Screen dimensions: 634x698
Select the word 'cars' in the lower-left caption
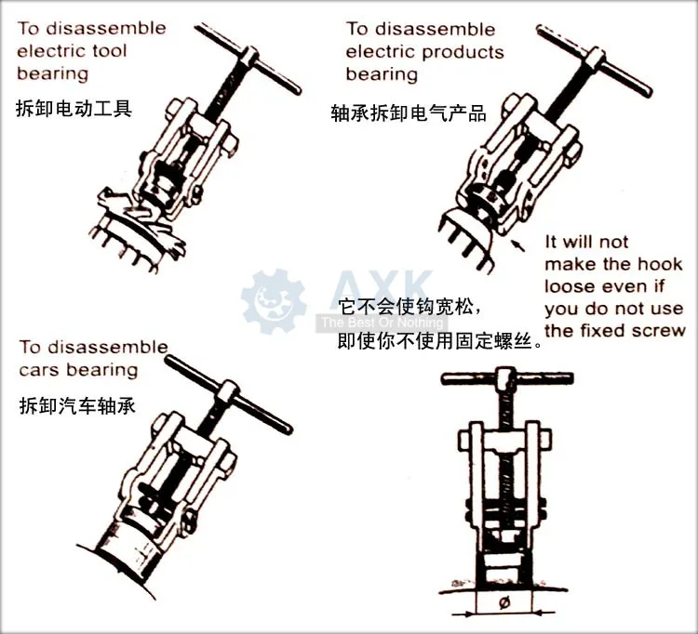[42, 370]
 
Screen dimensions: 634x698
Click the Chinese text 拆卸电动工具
[74, 108]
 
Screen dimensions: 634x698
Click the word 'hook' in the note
[659, 264]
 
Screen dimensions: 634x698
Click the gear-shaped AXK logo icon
[274, 300]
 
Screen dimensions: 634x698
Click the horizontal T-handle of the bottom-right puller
[503, 378]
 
